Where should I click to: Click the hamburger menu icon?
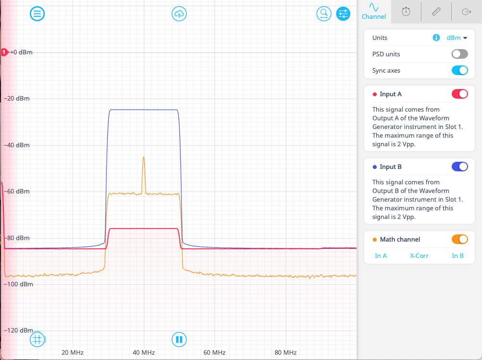[x=38, y=14]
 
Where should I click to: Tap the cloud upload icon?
[x=179, y=14]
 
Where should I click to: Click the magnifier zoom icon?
[x=324, y=14]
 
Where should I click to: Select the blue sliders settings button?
[x=343, y=14]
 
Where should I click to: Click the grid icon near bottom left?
[x=38, y=339]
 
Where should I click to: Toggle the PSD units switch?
[x=459, y=54]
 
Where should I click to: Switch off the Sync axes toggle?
[x=459, y=70]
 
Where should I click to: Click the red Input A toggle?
[x=459, y=94]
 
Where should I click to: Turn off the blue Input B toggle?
[x=459, y=167]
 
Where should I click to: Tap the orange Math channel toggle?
[x=459, y=239]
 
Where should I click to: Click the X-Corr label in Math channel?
[x=419, y=256]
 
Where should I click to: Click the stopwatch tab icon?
[x=406, y=12]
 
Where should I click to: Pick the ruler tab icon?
[x=436, y=12]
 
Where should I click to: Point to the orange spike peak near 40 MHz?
[x=143, y=157]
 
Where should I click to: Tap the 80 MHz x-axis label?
[x=285, y=352]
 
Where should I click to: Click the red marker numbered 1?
[x=4, y=52]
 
